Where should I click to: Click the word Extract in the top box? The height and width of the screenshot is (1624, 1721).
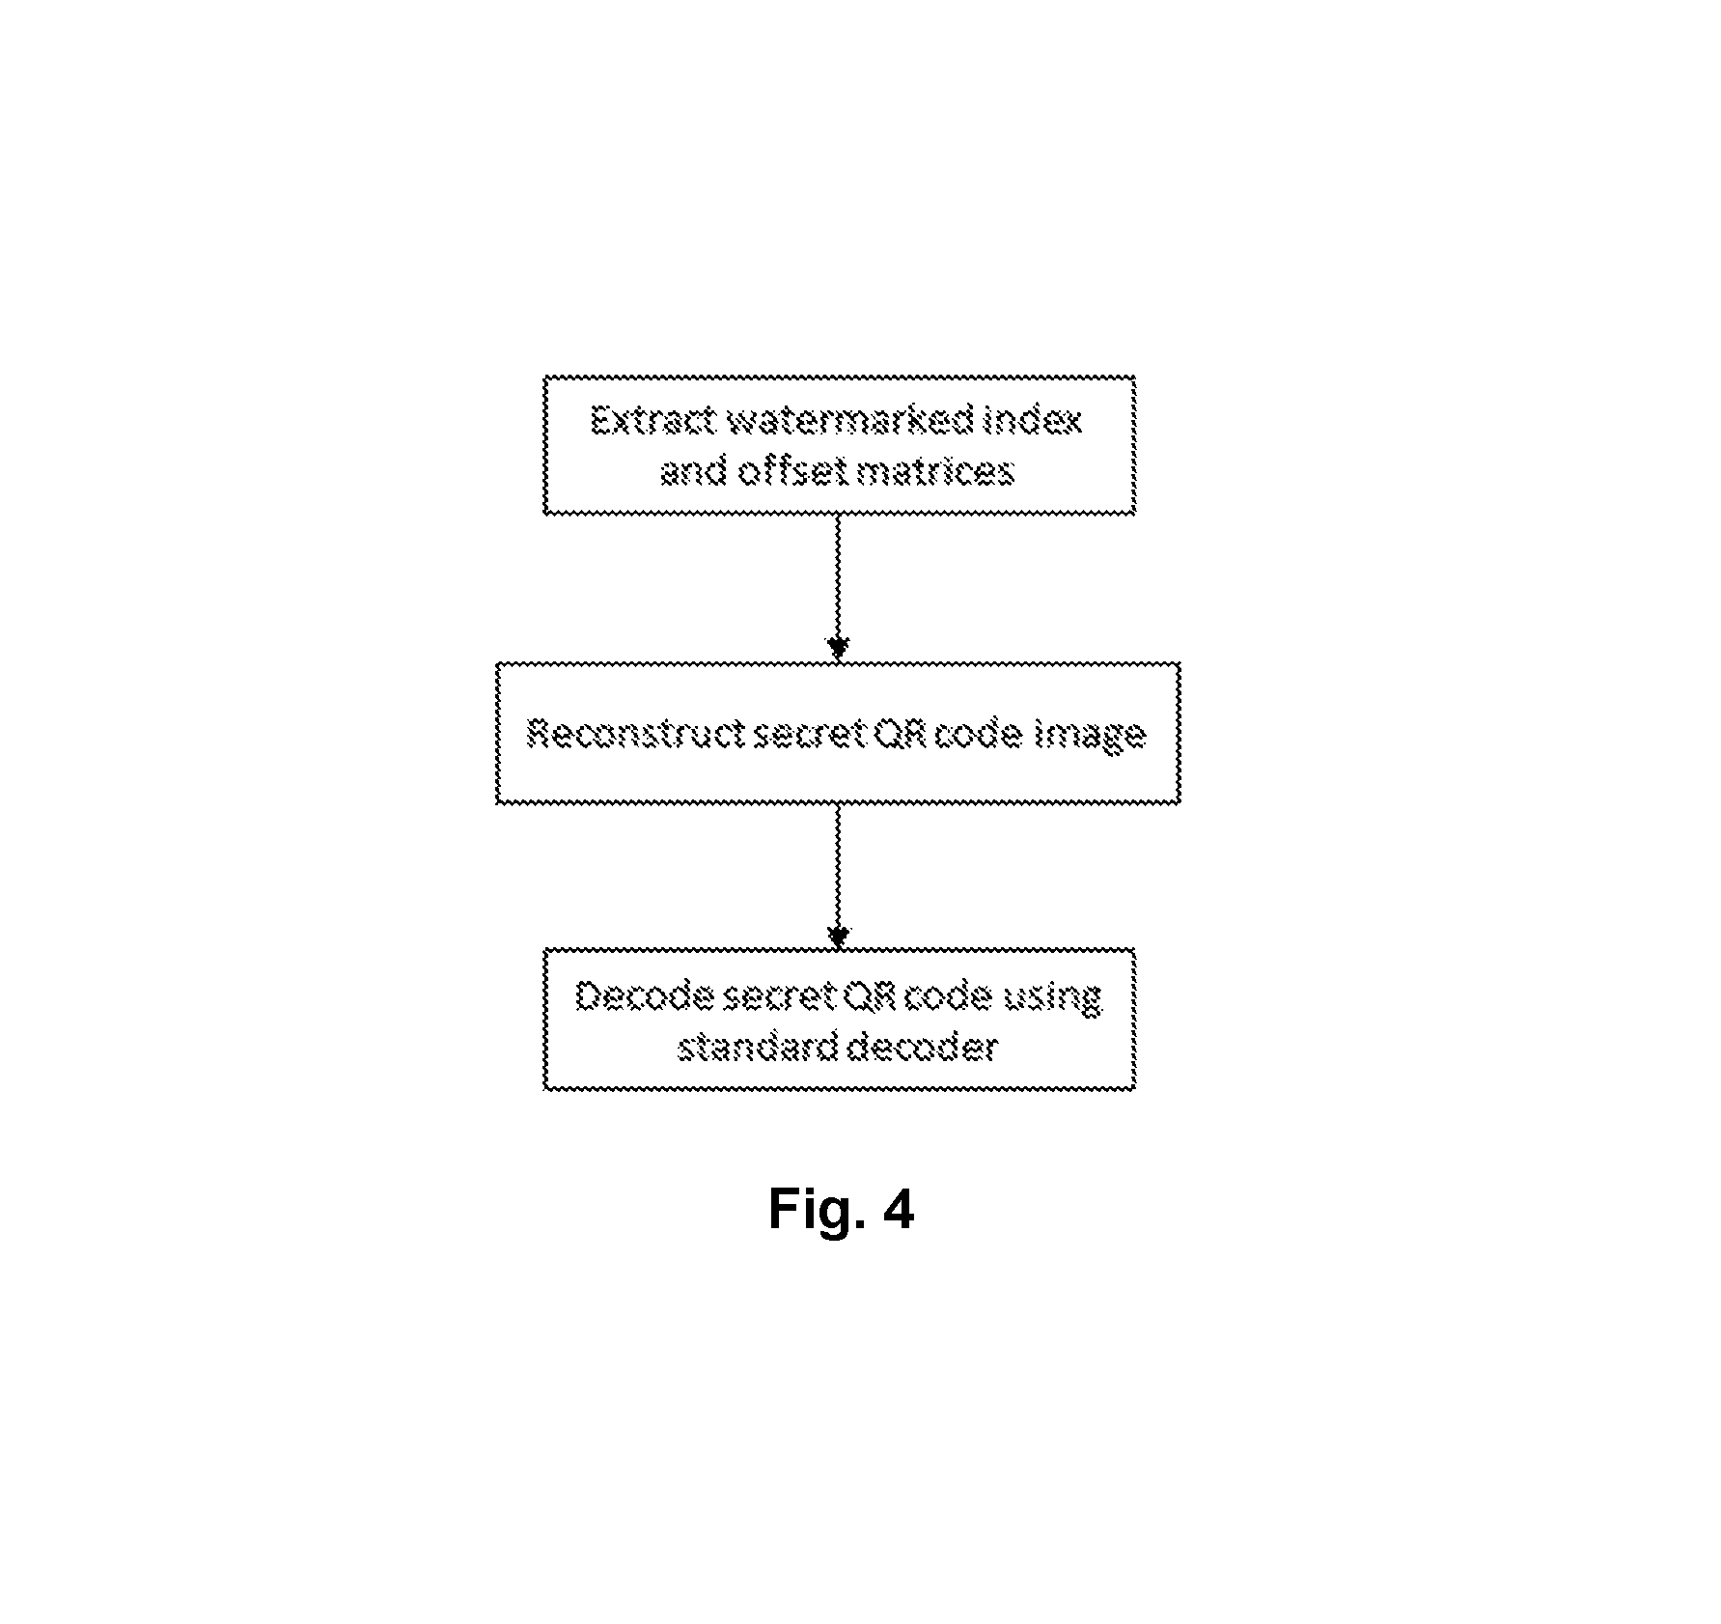pyautogui.click(x=652, y=421)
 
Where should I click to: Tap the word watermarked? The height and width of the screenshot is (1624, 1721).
pyautogui.click(x=849, y=421)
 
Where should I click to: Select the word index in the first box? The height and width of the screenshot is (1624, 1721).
pyautogui.click(x=1032, y=421)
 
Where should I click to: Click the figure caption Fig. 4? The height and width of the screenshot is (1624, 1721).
pyautogui.click(x=841, y=1209)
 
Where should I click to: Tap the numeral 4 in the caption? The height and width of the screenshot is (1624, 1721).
pyautogui.click(x=898, y=1209)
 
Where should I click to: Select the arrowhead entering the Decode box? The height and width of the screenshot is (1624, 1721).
pyautogui.click(x=838, y=937)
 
